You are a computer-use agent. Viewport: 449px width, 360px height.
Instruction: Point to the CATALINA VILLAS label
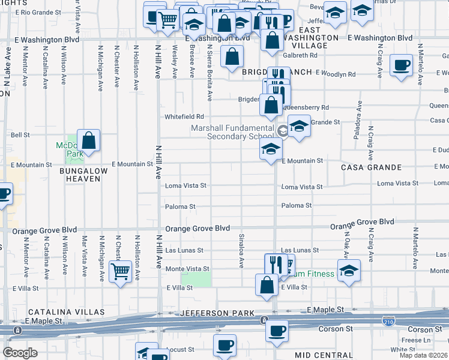[66, 313]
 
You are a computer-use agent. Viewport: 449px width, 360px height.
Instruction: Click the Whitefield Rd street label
[184, 117]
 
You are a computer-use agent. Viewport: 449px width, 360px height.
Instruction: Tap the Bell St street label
[20, 135]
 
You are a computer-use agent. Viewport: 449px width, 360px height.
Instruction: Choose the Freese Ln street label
[412, 340]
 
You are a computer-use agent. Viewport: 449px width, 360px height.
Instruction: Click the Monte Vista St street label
[187, 269]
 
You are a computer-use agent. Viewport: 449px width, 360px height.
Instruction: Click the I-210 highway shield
[390, 322]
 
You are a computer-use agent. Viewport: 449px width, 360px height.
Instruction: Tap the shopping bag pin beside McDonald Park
[88, 141]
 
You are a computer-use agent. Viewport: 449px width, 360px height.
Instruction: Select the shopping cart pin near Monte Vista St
[121, 272]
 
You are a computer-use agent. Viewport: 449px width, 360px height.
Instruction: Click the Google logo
[20, 352]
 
